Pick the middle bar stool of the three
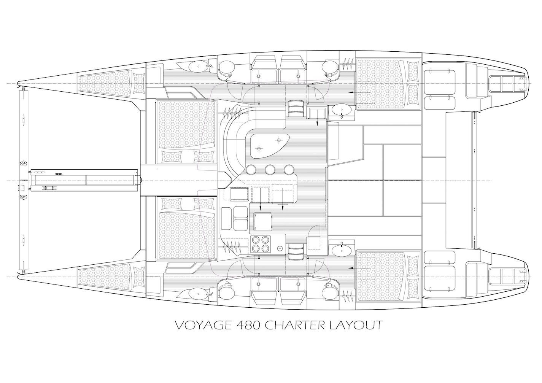270,169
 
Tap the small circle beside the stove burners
280,248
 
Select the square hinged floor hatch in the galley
262,221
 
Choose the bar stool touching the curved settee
251,169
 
